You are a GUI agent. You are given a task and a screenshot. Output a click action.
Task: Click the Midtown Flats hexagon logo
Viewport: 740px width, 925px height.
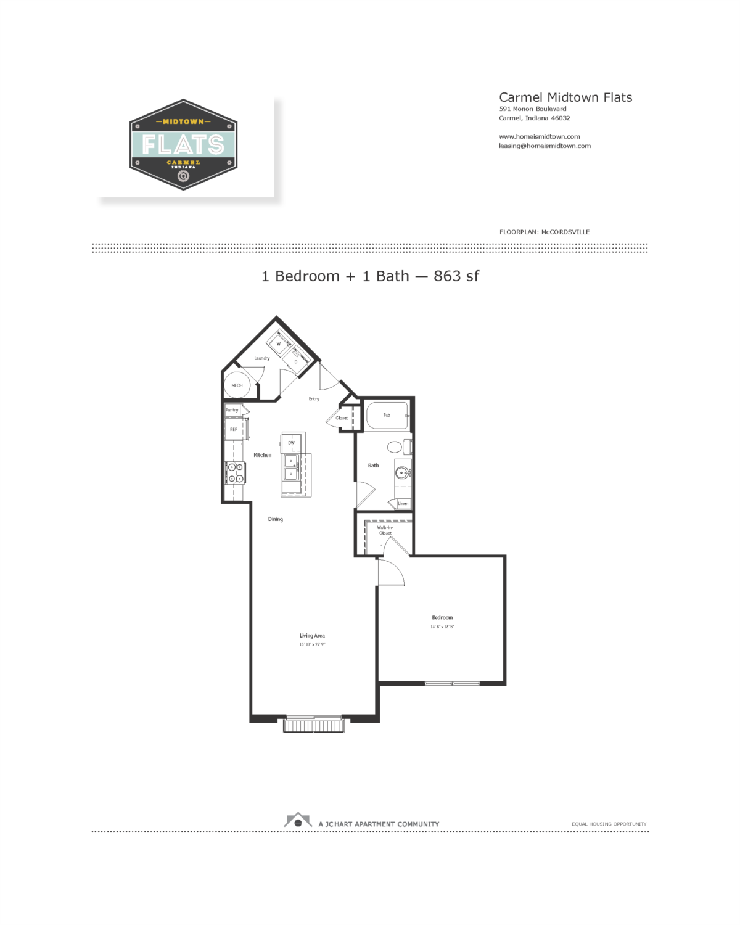[x=183, y=145]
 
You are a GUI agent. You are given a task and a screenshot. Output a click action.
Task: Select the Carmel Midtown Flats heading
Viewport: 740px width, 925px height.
[x=565, y=97]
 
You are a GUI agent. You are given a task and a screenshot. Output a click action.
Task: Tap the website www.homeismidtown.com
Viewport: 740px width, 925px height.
[x=539, y=137]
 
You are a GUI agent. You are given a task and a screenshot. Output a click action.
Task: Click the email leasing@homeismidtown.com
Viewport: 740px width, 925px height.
[x=545, y=146]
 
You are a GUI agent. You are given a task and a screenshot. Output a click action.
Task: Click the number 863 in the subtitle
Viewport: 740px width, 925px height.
[x=447, y=276]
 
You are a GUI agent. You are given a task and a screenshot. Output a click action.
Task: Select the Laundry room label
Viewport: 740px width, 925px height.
[x=262, y=358]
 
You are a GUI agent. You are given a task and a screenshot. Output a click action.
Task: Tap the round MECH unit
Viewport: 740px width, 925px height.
[x=237, y=385]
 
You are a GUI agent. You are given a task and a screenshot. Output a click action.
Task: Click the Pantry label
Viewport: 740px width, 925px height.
[x=232, y=410]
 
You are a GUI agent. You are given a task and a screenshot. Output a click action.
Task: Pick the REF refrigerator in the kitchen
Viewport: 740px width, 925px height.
[x=234, y=429]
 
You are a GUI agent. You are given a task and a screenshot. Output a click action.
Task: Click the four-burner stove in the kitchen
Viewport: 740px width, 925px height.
[x=235, y=473]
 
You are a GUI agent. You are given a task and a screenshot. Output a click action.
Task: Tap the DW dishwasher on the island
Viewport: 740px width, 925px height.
[x=291, y=443]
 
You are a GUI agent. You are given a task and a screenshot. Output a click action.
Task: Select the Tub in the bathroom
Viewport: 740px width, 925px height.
[x=387, y=415]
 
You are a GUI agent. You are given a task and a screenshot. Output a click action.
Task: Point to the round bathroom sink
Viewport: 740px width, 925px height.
[x=402, y=473]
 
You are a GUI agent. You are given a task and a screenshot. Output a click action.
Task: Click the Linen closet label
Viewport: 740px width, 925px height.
[x=403, y=504]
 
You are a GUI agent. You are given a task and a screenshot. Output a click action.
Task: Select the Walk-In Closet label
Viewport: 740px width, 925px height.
[x=385, y=530]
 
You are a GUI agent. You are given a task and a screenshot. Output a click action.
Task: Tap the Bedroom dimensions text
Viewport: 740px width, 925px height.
[x=442, y=627]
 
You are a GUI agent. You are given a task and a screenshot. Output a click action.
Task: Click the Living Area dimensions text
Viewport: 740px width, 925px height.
[x=312, y=644]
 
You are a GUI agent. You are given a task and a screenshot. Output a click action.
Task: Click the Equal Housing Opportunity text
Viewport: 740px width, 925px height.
[x=609, y=824]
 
